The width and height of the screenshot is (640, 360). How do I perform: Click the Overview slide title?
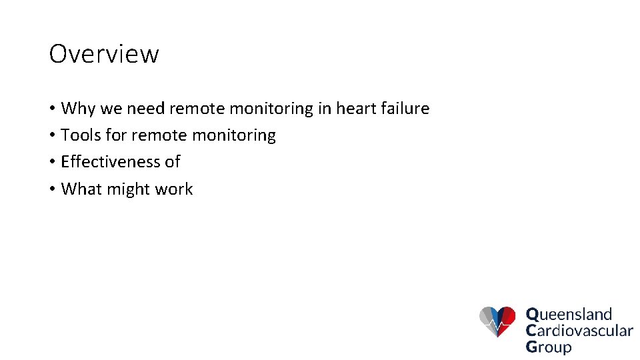pos(104,54)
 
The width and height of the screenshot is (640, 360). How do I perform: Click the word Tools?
pos(81,135)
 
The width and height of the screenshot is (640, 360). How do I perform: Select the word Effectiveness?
pos(110,162)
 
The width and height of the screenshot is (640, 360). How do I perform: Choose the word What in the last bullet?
pos(81,189)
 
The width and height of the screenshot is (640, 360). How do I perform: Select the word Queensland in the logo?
pos(569,314)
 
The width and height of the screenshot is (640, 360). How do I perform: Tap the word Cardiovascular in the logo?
pos(579,330)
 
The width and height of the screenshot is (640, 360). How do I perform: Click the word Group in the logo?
pos(549,347)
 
